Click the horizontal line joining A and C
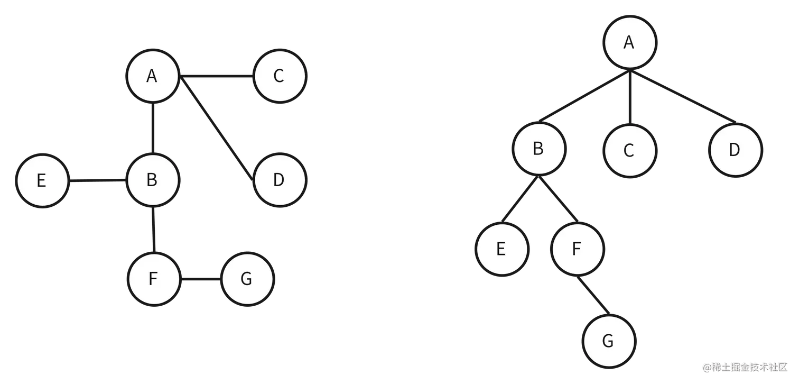217,80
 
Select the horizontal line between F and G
200,279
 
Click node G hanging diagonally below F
608,342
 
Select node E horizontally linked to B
42,181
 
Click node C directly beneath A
629,151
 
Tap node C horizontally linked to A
280,76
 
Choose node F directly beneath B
153,279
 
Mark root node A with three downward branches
629,42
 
